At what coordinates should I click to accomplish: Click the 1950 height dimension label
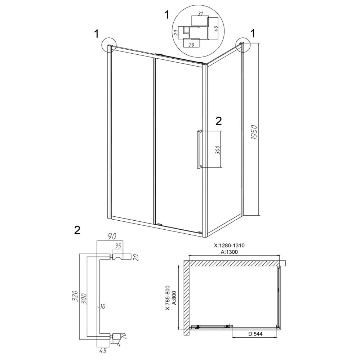tap(255, 132)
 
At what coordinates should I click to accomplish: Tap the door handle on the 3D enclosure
tap(199, 149)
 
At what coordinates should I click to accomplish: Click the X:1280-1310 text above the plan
tap(229, 246)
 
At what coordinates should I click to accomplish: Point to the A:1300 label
tap(229, 252)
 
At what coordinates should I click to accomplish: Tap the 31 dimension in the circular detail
tap(200, 14)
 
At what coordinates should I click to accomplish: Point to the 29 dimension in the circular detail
tap(191, 45)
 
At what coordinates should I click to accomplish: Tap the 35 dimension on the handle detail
tap(118, 246)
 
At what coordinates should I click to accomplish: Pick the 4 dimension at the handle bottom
tap(119, 344)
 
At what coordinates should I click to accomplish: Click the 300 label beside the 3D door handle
tap(218, 150)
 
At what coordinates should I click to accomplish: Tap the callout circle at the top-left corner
tap(109, 45)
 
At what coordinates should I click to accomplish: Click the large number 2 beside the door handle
tap(219, 121)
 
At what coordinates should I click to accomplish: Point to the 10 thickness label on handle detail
tap(103, 306)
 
